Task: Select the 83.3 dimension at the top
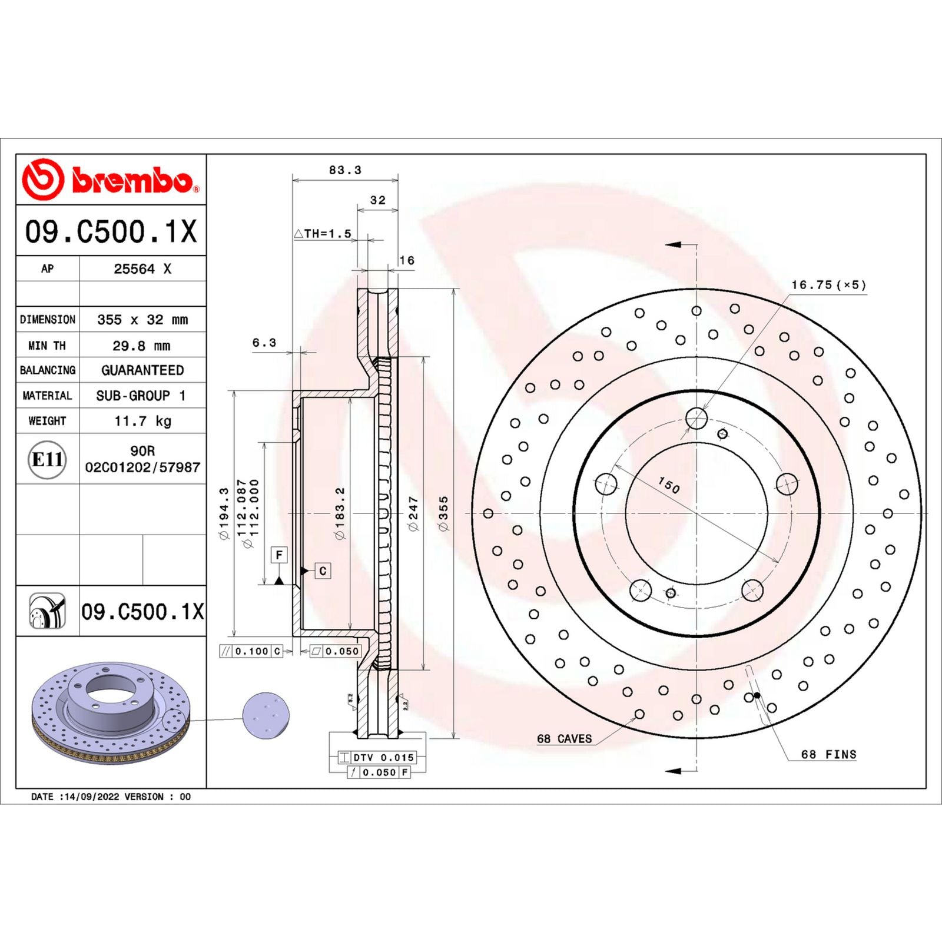345,170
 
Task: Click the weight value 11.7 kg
142,421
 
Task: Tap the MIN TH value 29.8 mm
141,346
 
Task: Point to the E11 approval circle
47,459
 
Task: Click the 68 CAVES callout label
564,738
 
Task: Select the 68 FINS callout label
828,754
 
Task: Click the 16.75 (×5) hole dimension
828,285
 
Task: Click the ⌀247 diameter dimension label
413,513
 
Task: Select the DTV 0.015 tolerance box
377,758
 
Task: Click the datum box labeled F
279,555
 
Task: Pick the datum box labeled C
323,570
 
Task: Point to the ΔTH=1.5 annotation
323,234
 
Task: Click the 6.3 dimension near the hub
264,343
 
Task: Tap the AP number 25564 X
142,268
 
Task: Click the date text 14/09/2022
92,797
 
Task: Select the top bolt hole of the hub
696,419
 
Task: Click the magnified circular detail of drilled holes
266,715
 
